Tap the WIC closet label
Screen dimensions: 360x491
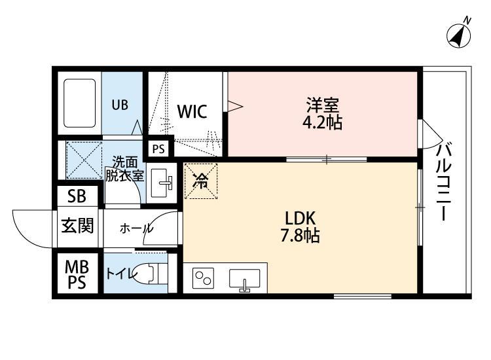192,111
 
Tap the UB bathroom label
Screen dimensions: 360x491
119,105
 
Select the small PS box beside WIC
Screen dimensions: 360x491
158,149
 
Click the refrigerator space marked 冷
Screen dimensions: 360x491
202,180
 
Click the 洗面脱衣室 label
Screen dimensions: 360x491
124,169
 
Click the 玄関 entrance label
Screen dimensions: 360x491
77,226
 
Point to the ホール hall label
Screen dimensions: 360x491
136,228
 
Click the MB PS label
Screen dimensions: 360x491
77,276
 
